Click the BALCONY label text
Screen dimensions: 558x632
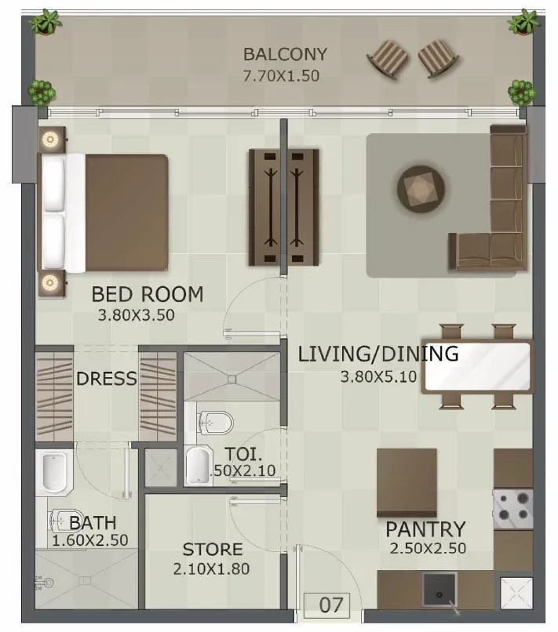click(x=285, y=54)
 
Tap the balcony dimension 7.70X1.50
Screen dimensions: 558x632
click(x=281, y=76)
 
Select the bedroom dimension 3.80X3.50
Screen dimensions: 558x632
click(x=137, y=315)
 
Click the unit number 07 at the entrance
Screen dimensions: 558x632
click(x=331, y=605)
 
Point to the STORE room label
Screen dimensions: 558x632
click(x=213, y=550)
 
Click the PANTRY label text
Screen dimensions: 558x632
click(x=425, y=529)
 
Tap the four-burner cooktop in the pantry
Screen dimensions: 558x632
click(x=513, y=509)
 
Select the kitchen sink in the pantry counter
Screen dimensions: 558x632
click(x=439, y=590)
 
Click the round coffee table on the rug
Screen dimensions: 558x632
click(x=421, y=189)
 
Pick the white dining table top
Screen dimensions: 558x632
click(x=477, y=366)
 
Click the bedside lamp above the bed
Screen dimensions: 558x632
click(x=50, y=140)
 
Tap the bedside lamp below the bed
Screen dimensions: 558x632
click(x=50, y=282)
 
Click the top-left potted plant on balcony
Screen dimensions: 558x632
click(x=46, y=22)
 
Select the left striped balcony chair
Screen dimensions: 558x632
click(x=388, y=59)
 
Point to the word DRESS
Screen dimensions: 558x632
click(x=107, y=379)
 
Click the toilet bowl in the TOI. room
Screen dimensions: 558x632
click(x=217, y=423)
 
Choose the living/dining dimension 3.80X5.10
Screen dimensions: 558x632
click(x=378, y=377)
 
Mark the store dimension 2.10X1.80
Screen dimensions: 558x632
click(x=211, y=569)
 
